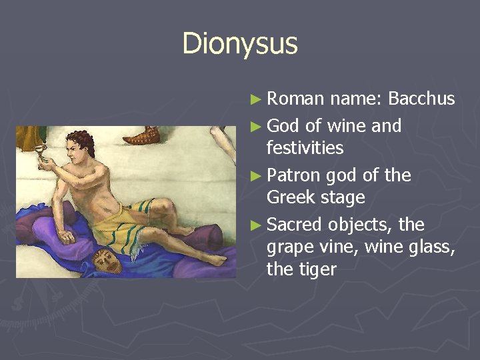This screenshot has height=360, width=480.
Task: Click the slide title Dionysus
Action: tap(240, 44)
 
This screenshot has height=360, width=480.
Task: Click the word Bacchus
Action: tap(421, 99)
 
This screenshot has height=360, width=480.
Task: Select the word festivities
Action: tap(305, 147)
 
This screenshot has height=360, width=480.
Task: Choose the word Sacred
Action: tap(295, 224)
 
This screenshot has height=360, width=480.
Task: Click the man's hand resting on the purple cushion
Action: tap(65, 235)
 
